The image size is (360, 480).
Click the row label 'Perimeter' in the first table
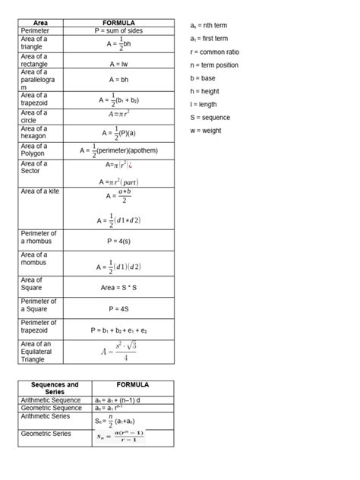pyautogui.click(x=35, y=30)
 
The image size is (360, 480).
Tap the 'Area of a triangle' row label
pyautogui.click(x=35, y=43)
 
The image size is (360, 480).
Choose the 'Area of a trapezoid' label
pyautogui.click(x=35, y=99)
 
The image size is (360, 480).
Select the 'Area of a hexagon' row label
pyautogui.click(x=35, y=132)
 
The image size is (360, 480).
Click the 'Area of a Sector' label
pyautogui.click(x=35, y=167)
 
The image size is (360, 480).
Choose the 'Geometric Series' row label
pyautogui.click(x=46, y=434)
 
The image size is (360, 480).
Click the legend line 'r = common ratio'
pyautogui.click(x=214, y=52)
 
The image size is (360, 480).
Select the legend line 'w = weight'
pyautogui.click(x=207, y=131)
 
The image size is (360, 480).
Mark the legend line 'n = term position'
pyautogui.click(x=214, y=65)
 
